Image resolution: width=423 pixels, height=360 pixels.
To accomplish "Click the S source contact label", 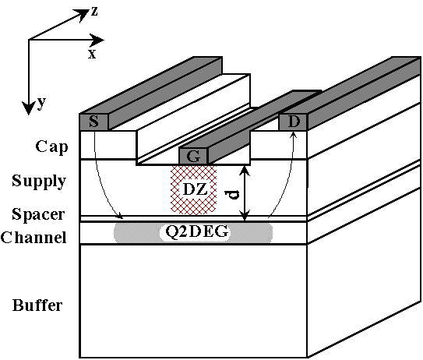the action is [x=93, y=122].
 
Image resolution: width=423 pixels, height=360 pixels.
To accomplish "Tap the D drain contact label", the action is [x=294, y=122].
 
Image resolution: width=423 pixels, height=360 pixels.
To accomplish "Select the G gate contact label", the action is [x=193, y=157].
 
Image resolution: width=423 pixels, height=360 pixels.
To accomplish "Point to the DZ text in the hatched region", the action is [x=195, y=189].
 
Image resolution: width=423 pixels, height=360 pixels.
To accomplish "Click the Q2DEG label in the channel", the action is [x=196, y=231].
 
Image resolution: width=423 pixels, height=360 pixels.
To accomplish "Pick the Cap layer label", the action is [x=51, y=147].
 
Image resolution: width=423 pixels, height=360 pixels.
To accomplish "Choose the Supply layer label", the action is [x=39, y=182].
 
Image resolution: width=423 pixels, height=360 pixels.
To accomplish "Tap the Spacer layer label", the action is [x=38, y=215].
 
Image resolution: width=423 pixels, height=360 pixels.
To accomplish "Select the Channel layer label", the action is [x=33, y=238].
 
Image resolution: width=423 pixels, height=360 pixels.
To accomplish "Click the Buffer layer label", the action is [x=37, y=305].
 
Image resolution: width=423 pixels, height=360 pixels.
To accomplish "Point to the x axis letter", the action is [x=92, y=55].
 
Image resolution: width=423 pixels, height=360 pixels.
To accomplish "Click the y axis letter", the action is [x=41, y=103].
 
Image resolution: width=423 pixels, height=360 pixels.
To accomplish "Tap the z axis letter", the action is [x=94, y=12].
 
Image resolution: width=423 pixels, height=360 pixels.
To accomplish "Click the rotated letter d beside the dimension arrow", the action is [x=232, y=194].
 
